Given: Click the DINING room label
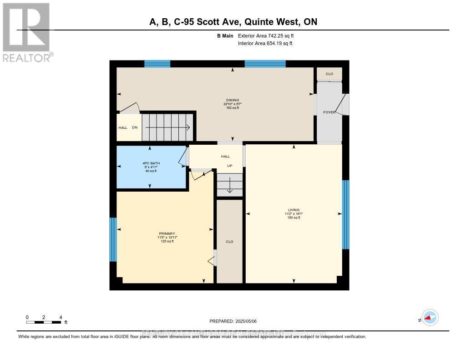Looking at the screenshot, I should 233,100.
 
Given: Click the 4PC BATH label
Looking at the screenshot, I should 151,163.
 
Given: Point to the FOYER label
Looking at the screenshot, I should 329,112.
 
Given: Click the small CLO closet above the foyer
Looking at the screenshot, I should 329,74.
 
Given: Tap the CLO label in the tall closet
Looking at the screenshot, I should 229,242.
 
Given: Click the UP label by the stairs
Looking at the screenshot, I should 230,166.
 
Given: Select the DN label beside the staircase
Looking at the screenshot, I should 135,128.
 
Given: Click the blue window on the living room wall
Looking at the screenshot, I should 345,214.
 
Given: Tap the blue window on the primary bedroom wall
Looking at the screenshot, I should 113,239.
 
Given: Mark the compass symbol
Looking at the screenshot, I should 429,318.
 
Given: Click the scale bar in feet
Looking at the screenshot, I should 44,322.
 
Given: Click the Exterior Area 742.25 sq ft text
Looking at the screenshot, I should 269,35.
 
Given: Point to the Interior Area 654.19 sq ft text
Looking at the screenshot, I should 265,44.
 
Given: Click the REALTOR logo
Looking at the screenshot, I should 26,32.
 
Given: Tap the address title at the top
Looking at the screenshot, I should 233,22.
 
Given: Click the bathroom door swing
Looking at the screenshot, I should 182,157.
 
